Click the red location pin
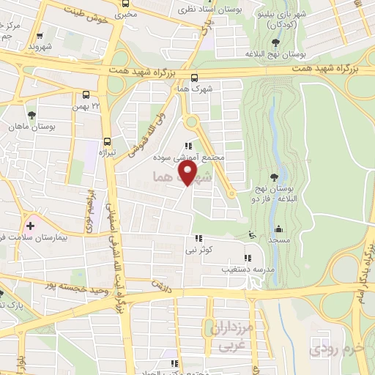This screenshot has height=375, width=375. coord(188,174)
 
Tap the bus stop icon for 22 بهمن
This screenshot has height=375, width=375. coord(86,94)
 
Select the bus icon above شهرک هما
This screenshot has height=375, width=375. coord(194,78)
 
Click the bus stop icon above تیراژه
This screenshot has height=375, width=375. coord(108,141)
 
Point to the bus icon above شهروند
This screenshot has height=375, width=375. coord(39,35)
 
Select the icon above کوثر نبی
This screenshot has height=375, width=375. coord(198,238)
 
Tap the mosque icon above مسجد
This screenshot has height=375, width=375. coord(278,229)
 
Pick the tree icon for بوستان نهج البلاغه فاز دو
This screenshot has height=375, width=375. coord(274,177)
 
